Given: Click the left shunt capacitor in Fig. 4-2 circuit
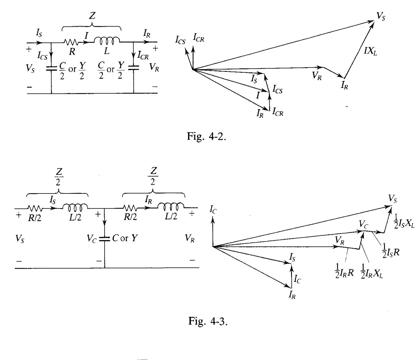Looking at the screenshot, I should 51,68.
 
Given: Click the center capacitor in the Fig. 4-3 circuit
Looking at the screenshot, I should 105,239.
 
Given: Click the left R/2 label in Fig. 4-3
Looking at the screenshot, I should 34,218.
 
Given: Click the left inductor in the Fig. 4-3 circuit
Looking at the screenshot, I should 75,207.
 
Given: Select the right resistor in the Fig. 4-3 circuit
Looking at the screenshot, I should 130,208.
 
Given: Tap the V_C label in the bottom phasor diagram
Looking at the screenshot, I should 363,224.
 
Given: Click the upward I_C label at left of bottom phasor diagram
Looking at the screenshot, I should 213,210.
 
